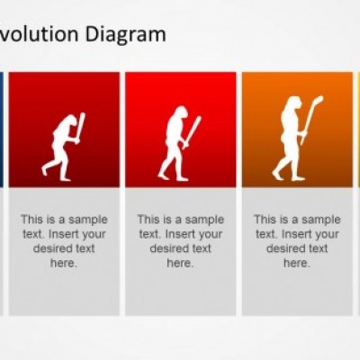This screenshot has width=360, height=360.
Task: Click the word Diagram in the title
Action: pos(125,34)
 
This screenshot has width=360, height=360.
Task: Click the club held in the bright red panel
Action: pos(192,132)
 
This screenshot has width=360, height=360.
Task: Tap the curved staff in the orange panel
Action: pos(312,120)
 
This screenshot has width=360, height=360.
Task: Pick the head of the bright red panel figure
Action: pos(182,112)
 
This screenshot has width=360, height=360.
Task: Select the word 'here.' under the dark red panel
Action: pos(64,263)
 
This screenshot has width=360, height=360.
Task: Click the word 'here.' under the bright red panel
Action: pos(180,263)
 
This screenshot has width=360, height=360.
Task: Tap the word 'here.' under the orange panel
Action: pos(297,263)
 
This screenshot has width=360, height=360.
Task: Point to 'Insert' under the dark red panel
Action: pos(62,234)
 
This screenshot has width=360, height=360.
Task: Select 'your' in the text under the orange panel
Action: pos(327,235)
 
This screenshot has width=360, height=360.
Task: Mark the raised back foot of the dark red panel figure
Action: pos(44,170)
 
